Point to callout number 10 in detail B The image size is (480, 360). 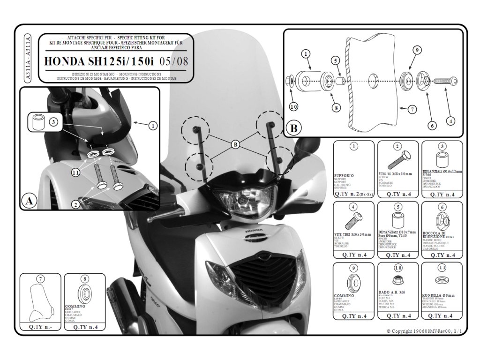pyautogui.click(x=293, y=106)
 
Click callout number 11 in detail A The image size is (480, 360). pyautogui.click(x=75, y=173)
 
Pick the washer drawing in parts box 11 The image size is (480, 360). pyautogui.click(x=441, y=280)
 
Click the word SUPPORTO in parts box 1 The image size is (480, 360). pyautogui.click(x=345, y=175)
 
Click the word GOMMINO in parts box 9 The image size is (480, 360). pyautogui.click(x=345, y=296)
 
